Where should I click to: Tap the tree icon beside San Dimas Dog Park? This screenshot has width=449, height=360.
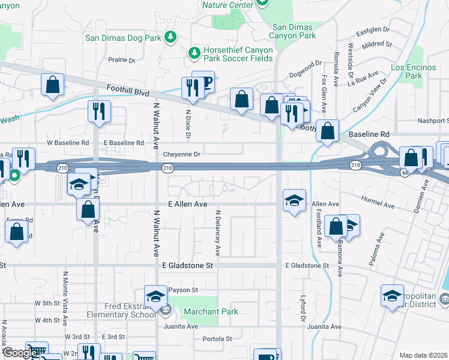[170, 37]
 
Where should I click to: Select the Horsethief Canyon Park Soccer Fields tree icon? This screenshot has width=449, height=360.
[194, 53]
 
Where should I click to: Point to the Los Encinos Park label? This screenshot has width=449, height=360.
[414, 71]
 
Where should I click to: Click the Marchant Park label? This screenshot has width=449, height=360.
[211, 311]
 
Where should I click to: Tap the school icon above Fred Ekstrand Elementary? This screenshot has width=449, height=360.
[155, 296]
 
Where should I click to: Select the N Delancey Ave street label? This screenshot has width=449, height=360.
[218, 233]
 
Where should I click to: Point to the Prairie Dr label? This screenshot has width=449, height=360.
[122, 60]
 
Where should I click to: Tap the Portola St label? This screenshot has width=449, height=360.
[217, 338]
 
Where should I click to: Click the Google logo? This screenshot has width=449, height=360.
[20, 353]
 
